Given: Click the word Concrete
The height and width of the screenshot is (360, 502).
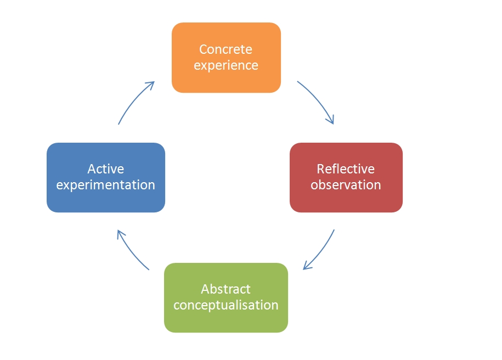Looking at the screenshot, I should coord(225,49).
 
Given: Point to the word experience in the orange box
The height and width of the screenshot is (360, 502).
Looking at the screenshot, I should coord(225,65).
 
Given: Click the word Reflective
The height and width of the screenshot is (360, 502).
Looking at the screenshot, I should coord(346,168).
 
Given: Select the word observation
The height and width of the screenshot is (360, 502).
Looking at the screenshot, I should coord(346,185).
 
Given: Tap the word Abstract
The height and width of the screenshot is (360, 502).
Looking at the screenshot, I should coord(225,289).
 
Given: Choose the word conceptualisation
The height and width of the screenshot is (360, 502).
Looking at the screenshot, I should coord(225,305).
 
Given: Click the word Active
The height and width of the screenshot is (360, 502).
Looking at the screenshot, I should coord(105,168).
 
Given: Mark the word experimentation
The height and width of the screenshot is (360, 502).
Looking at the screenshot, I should coord(105,185).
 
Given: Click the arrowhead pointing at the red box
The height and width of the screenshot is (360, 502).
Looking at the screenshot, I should coord(331,120).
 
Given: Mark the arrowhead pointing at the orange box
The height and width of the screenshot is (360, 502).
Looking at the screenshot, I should coord(151,85).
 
